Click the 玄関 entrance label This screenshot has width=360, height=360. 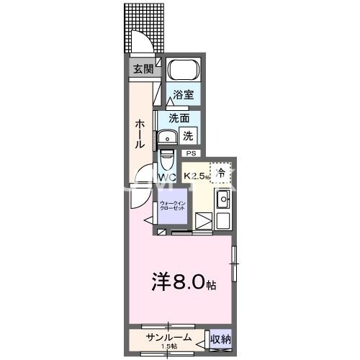click(143, 69)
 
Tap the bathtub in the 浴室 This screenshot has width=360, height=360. click(184, 71)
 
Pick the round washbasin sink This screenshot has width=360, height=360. click(167, 136)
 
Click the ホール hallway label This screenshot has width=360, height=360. click(140, 134)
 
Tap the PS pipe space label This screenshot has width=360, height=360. click(191, 153)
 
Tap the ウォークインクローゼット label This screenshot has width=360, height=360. click(173, 206)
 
